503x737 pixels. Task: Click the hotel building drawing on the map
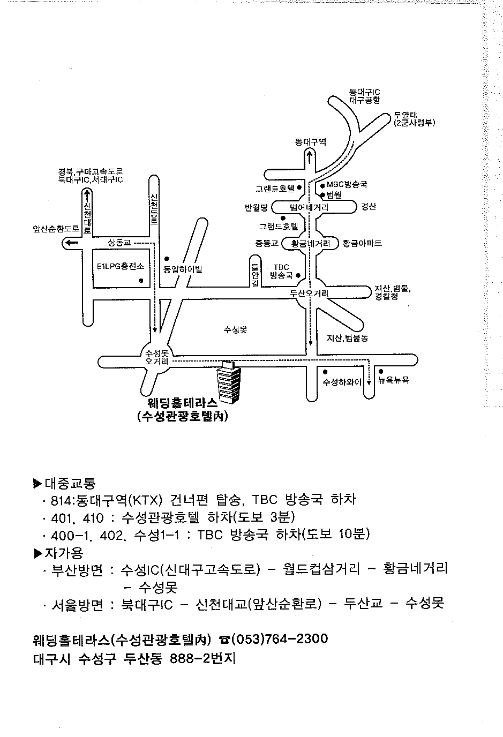229,382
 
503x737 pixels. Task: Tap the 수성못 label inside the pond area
235,330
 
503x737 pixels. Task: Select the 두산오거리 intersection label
309,293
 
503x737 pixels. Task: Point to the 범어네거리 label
309,207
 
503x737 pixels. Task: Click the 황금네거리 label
311,244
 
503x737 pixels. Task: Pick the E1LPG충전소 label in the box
121,266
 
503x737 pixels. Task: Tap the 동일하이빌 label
183,269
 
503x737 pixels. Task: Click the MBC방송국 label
347,185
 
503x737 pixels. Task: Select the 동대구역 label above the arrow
311,142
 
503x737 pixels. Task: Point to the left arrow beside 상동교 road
72,243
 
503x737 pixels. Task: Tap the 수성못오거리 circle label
157,357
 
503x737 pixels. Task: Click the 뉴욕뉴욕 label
393,380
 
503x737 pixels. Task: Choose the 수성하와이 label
342,382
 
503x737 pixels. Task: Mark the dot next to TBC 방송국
298,275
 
